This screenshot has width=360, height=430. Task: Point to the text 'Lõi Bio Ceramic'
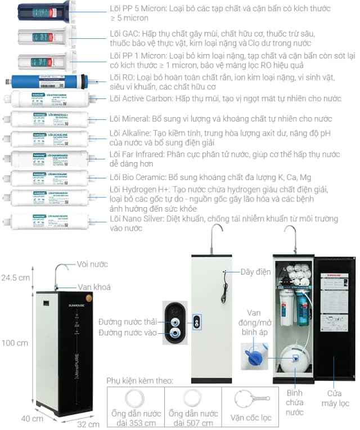pyautogui.click(x=137, y=178)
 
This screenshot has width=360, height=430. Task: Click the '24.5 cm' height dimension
pyautogui.click(x=15, y=277)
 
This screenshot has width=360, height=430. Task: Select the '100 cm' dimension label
pyautogui.click(x=14, y=343)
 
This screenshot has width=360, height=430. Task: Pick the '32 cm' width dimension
pyautogui.click(x=89, y=423)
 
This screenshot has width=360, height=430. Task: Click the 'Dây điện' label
pyautogui.click(x=255, y=272)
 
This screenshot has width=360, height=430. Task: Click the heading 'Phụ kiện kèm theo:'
pyautogui.click(x=139, y=381)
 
